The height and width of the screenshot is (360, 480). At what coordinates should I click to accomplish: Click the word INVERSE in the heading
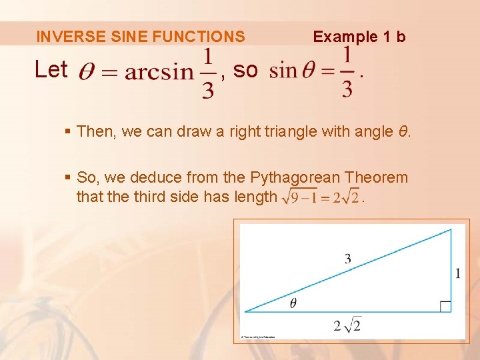point(62,37)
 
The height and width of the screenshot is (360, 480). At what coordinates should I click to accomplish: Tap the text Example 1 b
point(359,37)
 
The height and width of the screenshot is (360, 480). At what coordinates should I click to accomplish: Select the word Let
point(51,69)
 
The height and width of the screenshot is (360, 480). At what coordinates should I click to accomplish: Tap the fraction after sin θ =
point(347,72)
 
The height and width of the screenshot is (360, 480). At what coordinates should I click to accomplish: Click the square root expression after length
point(321,197)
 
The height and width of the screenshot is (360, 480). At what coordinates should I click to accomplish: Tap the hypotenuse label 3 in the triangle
point(347,259)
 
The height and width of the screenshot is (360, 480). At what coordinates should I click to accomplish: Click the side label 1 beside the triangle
point(458,273)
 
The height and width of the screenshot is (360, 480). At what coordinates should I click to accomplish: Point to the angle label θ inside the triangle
point(293,303)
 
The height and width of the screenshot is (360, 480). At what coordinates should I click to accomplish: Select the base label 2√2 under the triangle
point(347,325)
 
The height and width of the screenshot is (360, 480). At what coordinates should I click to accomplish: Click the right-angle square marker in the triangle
point(445,307)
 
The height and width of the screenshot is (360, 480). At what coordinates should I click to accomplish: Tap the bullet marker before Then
point(69,131)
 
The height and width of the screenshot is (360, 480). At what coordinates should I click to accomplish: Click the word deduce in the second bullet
point(152,177)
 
